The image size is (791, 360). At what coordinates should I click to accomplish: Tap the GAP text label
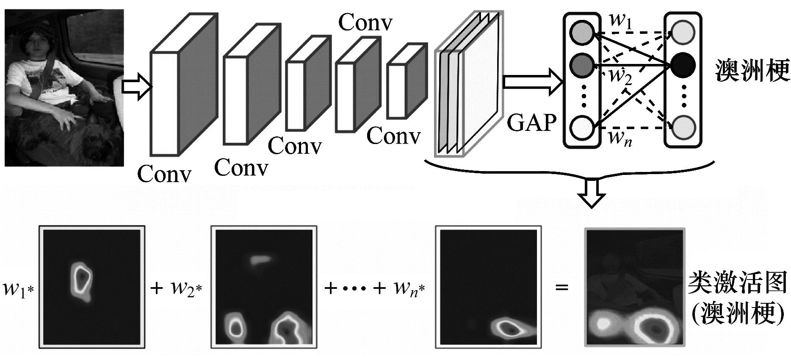[531, 123]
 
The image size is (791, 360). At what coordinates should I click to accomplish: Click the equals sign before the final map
[561, 288]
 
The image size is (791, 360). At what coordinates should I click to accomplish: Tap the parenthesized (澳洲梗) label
[737, 314]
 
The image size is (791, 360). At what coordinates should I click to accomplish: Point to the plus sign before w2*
[157, 288]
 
